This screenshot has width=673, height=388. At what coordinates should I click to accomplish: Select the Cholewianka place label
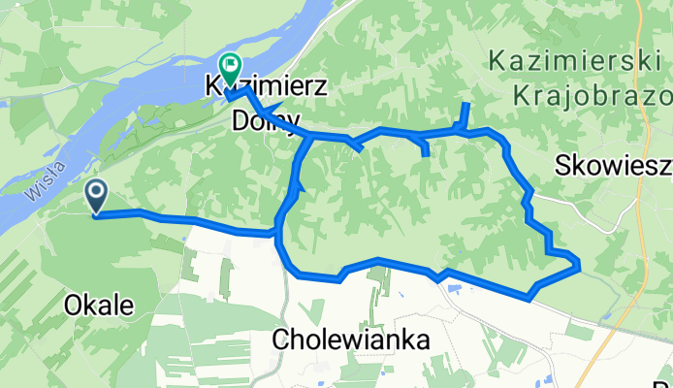click(x=351, y=340)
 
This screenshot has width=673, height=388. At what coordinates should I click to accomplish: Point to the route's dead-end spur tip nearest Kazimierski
click(x=467, y=104)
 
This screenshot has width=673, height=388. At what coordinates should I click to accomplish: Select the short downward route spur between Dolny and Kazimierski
click(x=426, y=151)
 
